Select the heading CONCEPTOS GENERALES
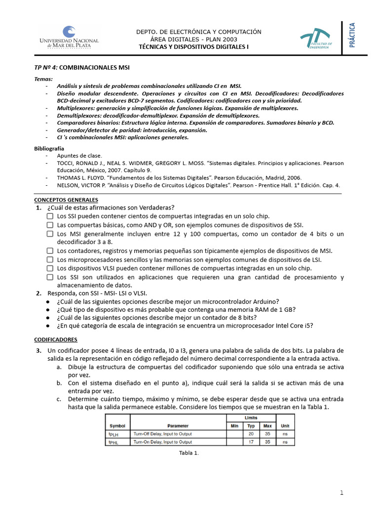tap(66, 200)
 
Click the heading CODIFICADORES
tap(56, 340)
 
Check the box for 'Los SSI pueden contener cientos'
tap(50, 216)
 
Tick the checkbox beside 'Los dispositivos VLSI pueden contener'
tap(50, 268)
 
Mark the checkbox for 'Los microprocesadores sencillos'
tap(50, 259)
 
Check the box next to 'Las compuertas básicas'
tap(50, 225)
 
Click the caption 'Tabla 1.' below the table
tap(189, 453)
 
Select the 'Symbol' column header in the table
tap(117, 425)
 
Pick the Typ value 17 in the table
tap(251, 442)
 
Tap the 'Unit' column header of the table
tap(285, 425)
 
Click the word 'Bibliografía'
tap(49, 148)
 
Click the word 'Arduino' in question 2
tap(265, 301)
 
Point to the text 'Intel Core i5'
tap(293, 326)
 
